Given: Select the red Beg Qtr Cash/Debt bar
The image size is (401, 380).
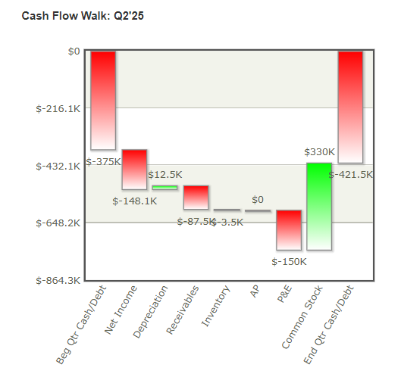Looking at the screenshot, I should coord(103,100).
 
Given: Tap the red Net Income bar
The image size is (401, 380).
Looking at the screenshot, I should coord(134,169).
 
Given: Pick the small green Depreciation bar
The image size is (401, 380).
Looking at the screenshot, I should coord(164,188).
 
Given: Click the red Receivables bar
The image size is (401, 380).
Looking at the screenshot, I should coord(196,197).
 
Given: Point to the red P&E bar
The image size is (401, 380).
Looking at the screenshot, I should coord(289,229).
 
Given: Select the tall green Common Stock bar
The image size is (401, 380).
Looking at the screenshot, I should coord(319,206).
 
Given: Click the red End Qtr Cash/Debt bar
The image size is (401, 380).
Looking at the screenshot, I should coord(350,107).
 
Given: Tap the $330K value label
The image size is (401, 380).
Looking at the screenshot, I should coord(319,152).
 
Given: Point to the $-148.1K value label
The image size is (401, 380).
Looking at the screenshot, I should coord(134,201).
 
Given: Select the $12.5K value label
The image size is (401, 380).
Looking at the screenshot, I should coord(164,175).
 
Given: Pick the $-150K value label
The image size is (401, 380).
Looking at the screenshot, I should coord(289,261).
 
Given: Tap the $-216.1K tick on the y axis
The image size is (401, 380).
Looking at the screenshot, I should coord(58,108).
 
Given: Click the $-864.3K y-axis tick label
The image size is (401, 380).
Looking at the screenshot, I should coord(58,280).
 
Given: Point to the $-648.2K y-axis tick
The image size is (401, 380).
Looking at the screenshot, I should coord(58,223).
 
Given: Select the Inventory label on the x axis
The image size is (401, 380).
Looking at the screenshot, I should coord(215,306).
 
